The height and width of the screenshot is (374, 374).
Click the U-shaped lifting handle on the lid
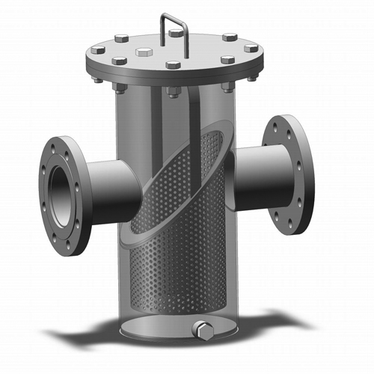coord(174,22)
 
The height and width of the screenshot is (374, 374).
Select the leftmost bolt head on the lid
coord(98,51)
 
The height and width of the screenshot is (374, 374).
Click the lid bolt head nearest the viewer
coord(173,66)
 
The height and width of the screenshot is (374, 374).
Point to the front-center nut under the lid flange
coord(174,91)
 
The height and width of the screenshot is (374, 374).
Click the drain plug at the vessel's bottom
coord(201,329)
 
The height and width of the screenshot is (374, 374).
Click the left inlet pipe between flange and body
coord(116,187)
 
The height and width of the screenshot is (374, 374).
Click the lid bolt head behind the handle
coord(177,33)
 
